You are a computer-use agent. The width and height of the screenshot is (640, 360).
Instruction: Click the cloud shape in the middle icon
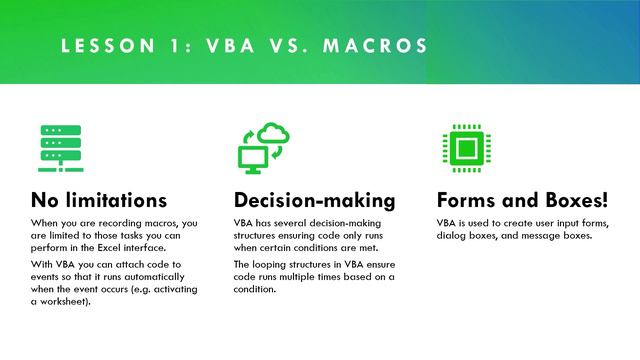(x=274, y=134)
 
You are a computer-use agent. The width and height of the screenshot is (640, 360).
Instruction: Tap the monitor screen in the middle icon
(x=250, y=155)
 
